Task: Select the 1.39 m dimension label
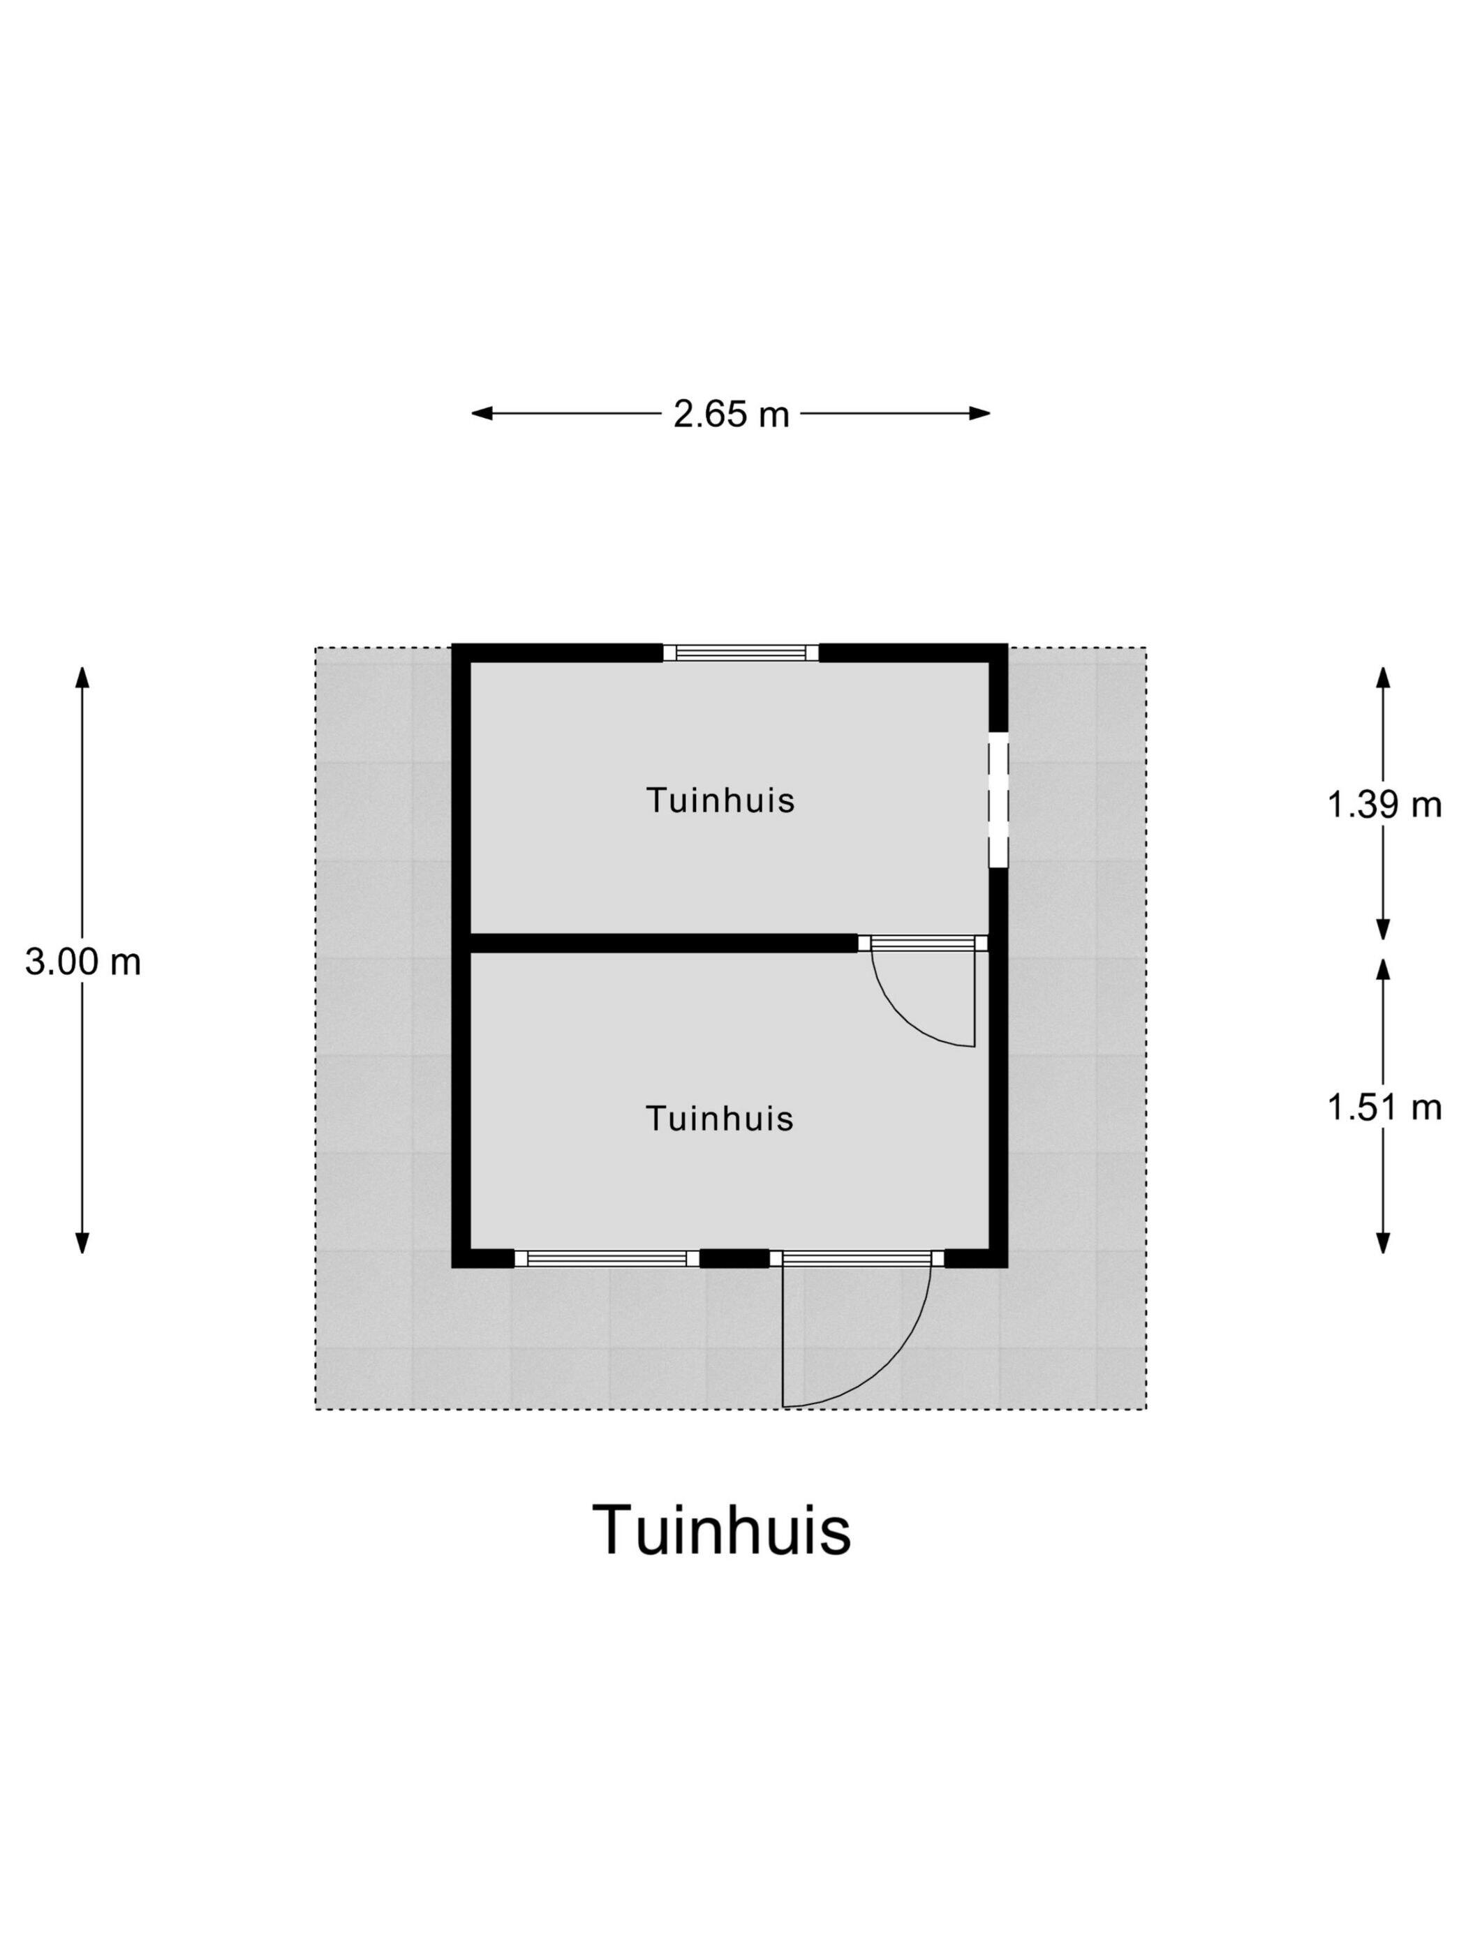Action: coord(1384,805)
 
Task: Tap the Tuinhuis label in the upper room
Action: coord(720,800)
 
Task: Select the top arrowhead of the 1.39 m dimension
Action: coord(1384,678)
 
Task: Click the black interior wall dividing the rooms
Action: coord(662,943)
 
